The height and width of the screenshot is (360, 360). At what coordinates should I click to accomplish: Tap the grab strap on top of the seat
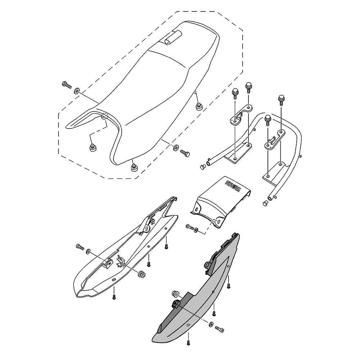pos(173,38)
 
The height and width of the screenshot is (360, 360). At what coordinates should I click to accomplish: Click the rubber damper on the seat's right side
pos(198,107)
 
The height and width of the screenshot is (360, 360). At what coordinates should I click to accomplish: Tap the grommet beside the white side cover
pos(141,274)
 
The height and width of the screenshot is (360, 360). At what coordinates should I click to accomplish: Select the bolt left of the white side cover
pos(80,247)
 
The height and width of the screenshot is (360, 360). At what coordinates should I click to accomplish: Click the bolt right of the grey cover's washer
pos(219,328)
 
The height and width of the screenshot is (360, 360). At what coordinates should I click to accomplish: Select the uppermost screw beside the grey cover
pos(229,286)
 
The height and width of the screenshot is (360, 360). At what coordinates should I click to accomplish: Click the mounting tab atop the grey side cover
pos(208,264)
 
